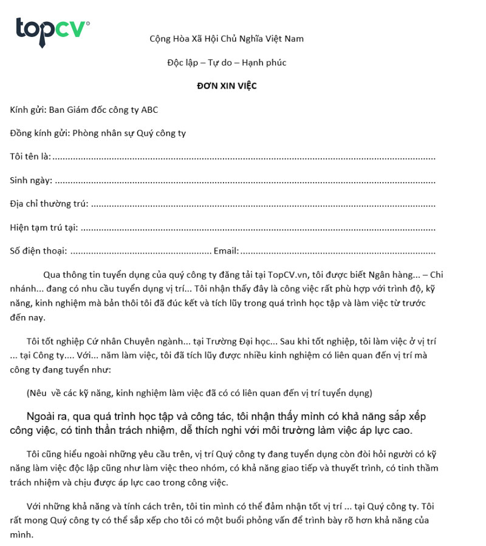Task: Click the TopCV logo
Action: pyautogui.click(x=52, y=32)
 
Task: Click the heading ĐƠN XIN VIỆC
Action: pyautogui.click(x=227, y=86)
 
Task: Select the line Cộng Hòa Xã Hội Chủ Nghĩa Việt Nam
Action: pyautogui.click(x=227, y=39)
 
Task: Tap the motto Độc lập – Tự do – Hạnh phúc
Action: pyautogui.click(x=227, y=62)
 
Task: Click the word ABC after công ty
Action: pyautogui.click(x=149, y=110)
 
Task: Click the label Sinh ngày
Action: pyautogui.click(x=31, y=180)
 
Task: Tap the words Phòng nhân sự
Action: pyautogui.click(x=101, y=133)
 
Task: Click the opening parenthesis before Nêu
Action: pyautogui.click(x=29, y=393)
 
